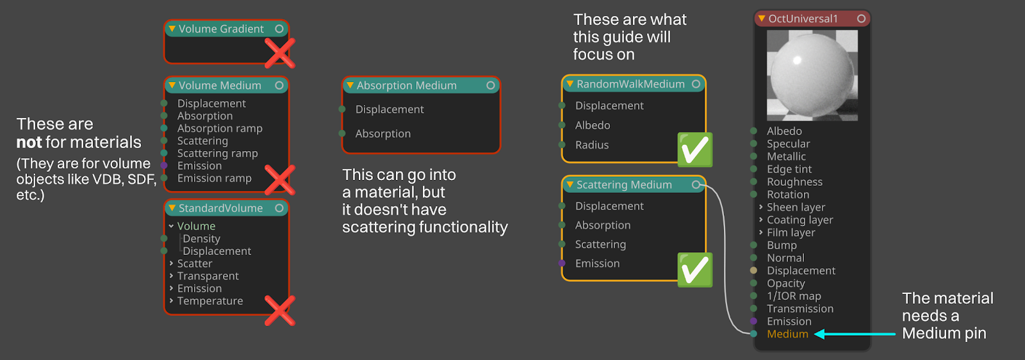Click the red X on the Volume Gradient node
pyautogui.click(x=279, y=53)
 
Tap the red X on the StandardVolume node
pyautogui.click(x=279, y=311)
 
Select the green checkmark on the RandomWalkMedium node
pyautogui.click(x=694, y=149)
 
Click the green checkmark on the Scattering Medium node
pyautogui.click(x=694, y=270)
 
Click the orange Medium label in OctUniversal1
pyautogui.click(x=787, y=334)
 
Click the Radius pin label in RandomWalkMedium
pyautogui.click(x=592, y=145)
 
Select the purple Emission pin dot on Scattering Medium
pyautogui.click(x=562, y=263)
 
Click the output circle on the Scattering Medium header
pyautogui.click(x=696, y=184)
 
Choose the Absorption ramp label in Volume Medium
pyautogui.click(x=220, y=129)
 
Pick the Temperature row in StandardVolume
pyautogui.click(x=210, y=301)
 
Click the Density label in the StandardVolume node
pyautogui.click(x=201, y=239)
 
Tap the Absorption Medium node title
pyautogui.click(x=406, y=86)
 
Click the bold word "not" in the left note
pyautogui.click(x=29, y=142)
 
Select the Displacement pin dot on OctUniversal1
pyautogui.click(x=753, y=270)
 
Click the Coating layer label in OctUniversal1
pyautogui.click(x=800, y=220)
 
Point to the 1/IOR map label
pyautogui.click(x=794, y=296)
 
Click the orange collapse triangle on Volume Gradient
pyautogui.click(x=172, y=29)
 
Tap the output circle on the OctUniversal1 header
pyautogui.click(x=861, y=19)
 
